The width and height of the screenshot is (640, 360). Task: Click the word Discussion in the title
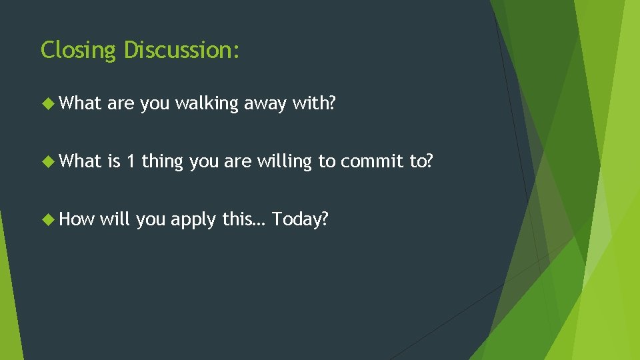(x=181, y=50)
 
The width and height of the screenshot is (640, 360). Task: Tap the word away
(x=265, y=104)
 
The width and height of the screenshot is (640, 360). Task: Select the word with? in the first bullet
(x=314, y=103)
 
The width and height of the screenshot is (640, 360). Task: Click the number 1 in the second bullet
(x=131, y=161)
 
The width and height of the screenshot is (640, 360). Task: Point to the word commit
(x=371, y=161)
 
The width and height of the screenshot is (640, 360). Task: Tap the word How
(x=77, y=219)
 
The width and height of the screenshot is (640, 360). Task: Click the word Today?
(x=300, y=219)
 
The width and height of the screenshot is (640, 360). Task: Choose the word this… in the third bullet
(x=244, y=219)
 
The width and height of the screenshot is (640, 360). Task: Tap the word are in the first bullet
(x=121, y=104)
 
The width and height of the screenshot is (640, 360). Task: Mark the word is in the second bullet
(x=113, y=161)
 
